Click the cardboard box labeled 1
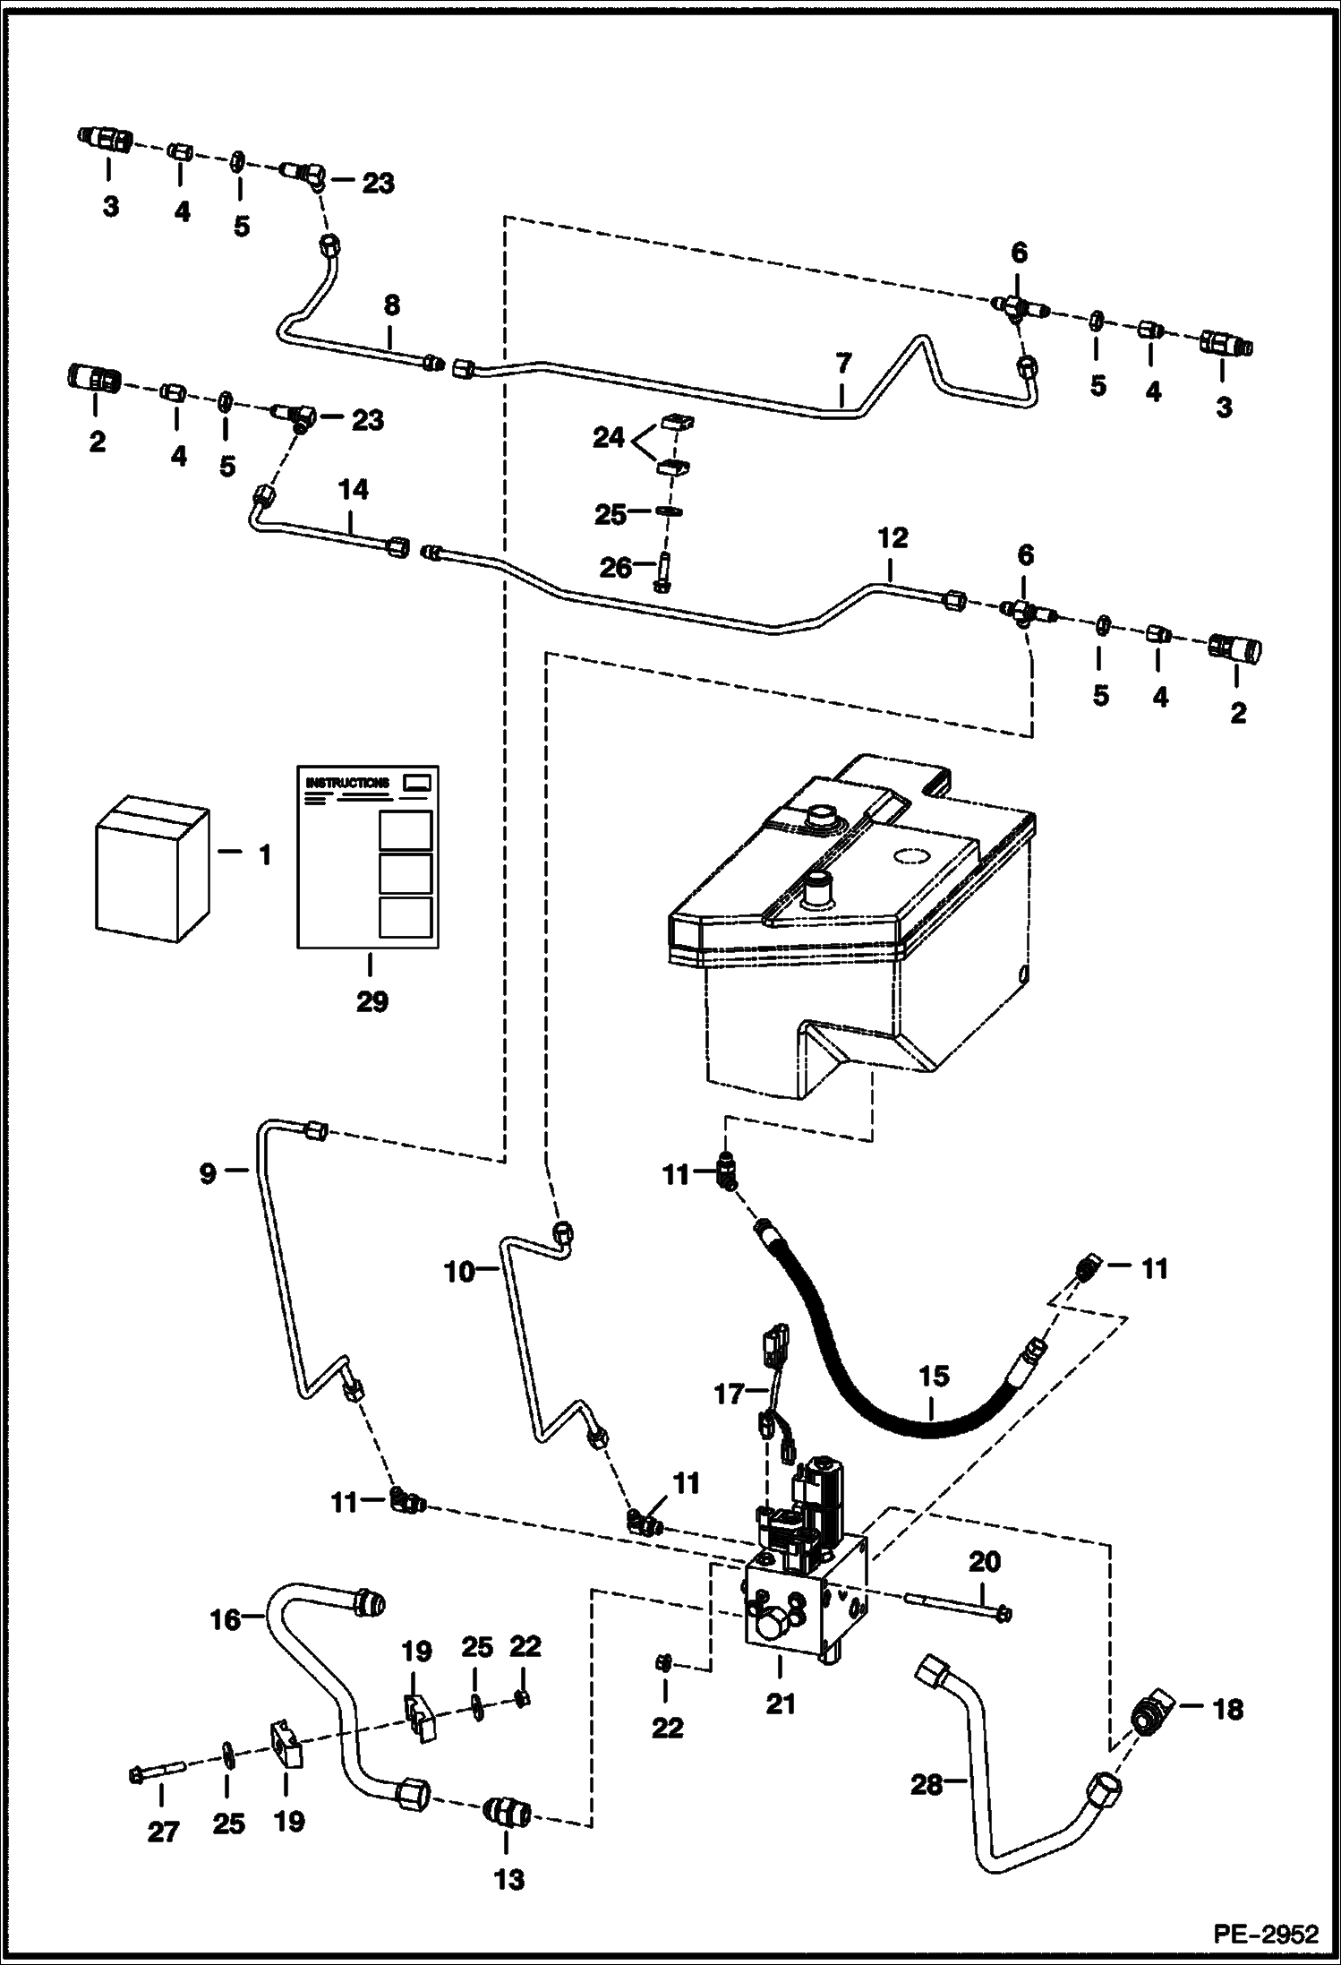[x=150, y=866]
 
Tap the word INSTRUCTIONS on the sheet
[x=347, y=783]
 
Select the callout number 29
[x=372, y=1000]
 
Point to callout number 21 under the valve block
[x=780, y=1703]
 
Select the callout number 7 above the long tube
[x=843, y=365]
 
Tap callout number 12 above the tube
[x=893, y=537]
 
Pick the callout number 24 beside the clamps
[x=609, y=438]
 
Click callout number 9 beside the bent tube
[x=208, y=1173]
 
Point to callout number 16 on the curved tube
[x=226, y=1619]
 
